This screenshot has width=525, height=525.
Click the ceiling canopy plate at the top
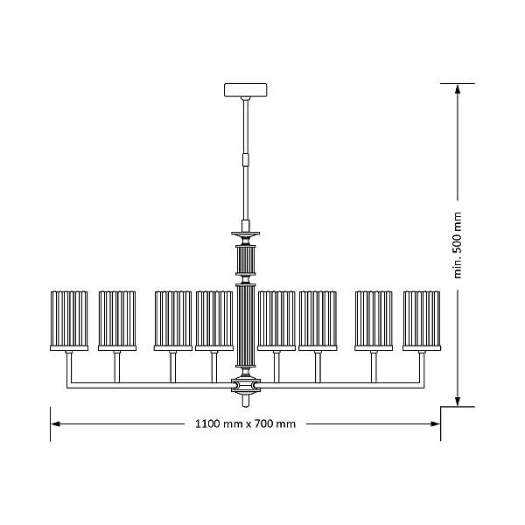tap(245, 90)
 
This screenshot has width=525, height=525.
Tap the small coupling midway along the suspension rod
tap(246, 160)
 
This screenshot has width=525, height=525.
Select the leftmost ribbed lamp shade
tap(69, 321)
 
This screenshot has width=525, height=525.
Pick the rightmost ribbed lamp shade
tap(422, 321)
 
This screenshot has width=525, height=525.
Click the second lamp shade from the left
tap(117, 321)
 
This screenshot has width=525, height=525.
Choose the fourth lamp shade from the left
tap(214, 321)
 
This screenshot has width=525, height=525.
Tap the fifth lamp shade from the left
tap(276, 321)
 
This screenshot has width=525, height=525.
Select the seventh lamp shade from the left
tap(374, 321)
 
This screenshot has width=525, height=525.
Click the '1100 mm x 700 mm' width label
tap(245, 423)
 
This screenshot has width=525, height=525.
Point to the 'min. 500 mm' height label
tap(458, 245)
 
